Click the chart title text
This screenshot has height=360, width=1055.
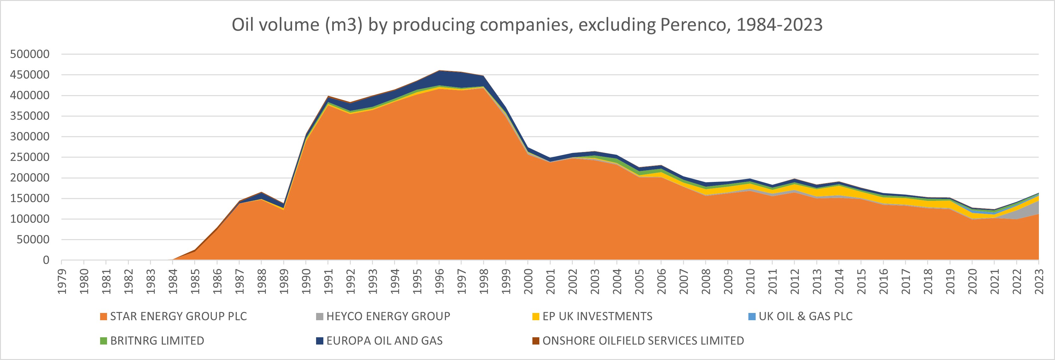click(527, 25)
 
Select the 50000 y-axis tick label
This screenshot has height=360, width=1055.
click(33, 240)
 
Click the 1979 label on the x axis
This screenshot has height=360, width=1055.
click(62, 281)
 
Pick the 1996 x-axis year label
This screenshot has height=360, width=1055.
click(440, 281)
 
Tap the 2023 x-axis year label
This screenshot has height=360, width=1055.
click(1039, 281)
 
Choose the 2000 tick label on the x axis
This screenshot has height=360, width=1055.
click(528, 281)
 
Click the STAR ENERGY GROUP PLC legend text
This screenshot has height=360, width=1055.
click(178, 316)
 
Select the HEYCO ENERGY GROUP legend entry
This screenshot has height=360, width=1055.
click(388, 316)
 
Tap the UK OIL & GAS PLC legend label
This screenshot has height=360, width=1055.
click(805, 316)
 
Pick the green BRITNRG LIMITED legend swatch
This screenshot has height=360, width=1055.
click(104, 341)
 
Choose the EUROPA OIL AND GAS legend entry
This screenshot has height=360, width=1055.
click(384, 341)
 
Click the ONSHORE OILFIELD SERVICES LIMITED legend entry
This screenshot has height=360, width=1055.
click(643, 341)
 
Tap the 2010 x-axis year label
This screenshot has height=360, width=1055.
click(750, 281)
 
